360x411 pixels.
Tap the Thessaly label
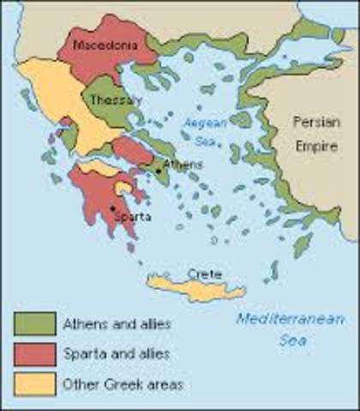click(116, 100)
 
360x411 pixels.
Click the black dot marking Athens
click(159, 171)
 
